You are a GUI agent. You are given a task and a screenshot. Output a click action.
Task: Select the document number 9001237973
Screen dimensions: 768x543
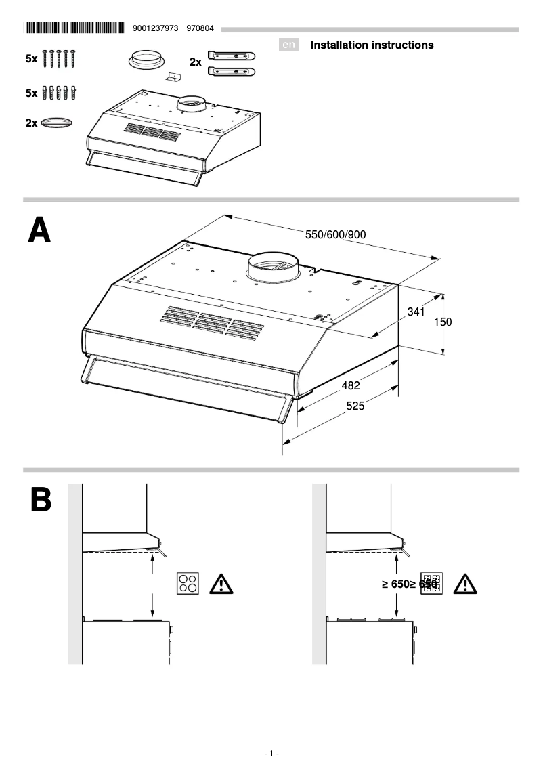(x=156, y=28)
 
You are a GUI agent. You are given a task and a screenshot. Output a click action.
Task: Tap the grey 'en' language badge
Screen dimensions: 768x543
(x=289, y=45)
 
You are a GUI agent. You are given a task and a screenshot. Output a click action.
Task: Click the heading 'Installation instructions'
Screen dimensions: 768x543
(x=372, y=45)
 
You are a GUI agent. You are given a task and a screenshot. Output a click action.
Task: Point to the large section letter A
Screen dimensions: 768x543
(x=39, y=231)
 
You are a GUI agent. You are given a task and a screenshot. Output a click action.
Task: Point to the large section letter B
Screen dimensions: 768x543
(x=40, y=501)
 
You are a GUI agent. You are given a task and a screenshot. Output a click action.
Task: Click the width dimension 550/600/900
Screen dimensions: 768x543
(x=336, y=234)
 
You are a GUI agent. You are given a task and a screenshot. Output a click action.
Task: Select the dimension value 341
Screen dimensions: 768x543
(x=416, y=312)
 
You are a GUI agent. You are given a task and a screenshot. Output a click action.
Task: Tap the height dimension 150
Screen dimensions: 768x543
(x=442, y=322)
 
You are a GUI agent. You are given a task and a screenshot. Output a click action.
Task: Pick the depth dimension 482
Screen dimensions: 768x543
(x=350, y=385)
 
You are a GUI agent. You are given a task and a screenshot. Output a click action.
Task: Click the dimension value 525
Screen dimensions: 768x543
(x=355, y=406)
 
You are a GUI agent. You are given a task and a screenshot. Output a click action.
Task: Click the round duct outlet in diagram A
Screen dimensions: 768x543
(x=272, y=266)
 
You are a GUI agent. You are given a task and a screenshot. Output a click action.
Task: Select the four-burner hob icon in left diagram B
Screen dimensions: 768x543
(x=188, y=584)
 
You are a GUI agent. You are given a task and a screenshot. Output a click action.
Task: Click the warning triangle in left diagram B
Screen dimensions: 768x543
(x=221, y=584)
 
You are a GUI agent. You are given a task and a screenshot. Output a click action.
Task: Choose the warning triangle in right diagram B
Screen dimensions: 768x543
(x=465, y=584)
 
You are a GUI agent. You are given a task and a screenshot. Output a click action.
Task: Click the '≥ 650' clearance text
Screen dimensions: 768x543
(x=394, y=584)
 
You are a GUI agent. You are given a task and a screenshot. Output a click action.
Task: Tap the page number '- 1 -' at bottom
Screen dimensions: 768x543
(x=271, y=754)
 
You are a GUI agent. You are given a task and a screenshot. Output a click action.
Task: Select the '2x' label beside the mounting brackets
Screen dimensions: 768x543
(x=196, y=62)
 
